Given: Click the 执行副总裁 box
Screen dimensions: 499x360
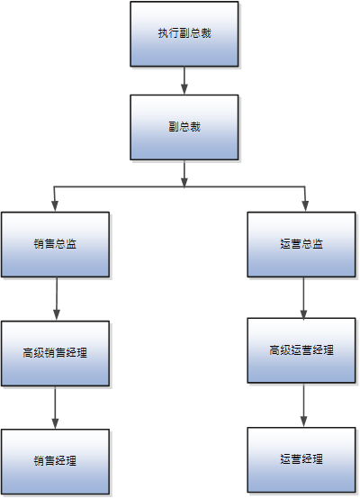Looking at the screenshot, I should coord(184,33).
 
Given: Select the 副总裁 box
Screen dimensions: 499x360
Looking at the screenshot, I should coord(184,127).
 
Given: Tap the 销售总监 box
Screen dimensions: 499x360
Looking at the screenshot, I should coord(56,244).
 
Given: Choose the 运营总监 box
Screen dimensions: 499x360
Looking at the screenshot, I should coord(302,244).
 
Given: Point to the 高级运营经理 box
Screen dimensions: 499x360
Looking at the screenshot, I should coord(302,350).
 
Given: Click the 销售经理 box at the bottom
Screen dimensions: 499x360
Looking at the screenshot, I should coord(56,461).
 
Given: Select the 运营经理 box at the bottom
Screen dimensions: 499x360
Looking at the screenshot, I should coord(302,459).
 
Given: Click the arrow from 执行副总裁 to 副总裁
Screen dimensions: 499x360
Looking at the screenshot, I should coord(184,79).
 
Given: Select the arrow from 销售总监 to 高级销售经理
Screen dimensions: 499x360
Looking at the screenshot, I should coord(56,297).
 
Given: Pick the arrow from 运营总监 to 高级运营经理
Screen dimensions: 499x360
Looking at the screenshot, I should coord(302,296).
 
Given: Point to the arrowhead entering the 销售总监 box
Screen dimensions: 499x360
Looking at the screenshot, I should coord(56,206).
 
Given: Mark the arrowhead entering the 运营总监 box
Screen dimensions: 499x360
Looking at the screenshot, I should coord(303,206).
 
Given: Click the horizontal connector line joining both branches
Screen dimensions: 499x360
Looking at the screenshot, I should coord(117,187).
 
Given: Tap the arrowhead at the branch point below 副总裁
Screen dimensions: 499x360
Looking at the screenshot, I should coord(184,182).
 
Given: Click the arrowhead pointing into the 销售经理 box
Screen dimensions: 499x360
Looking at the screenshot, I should coord(56,423).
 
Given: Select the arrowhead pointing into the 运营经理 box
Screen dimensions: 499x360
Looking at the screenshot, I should coord(302,421).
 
